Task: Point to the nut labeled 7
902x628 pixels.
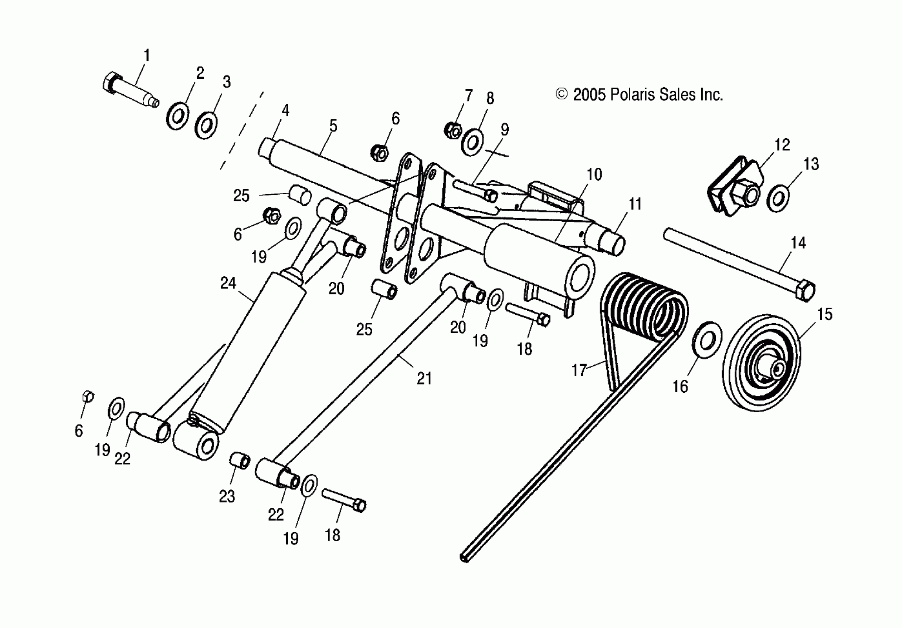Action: pos(452,130)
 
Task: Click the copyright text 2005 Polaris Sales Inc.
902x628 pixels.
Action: pos(639,95)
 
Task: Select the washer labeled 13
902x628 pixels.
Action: pos(777,199)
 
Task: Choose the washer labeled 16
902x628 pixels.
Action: pos(706,340)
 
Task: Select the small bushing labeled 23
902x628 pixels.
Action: pos(240,461)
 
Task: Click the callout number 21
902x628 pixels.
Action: pos(424,378)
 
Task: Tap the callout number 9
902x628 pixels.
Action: pos(505,130)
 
